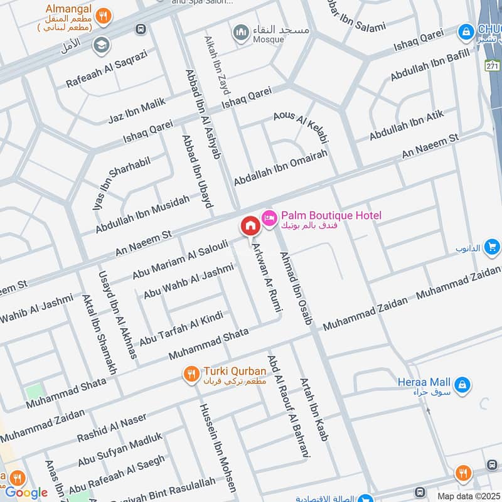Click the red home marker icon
[x=250, y=225]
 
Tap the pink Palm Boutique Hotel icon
[x=269, y=216]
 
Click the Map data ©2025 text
[x=467, y=496]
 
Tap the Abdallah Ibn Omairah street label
[x=280, y=168]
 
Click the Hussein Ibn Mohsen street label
[x=217, y=446]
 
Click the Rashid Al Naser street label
[x=111, y=427]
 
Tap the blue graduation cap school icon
[x=100, y=45]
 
